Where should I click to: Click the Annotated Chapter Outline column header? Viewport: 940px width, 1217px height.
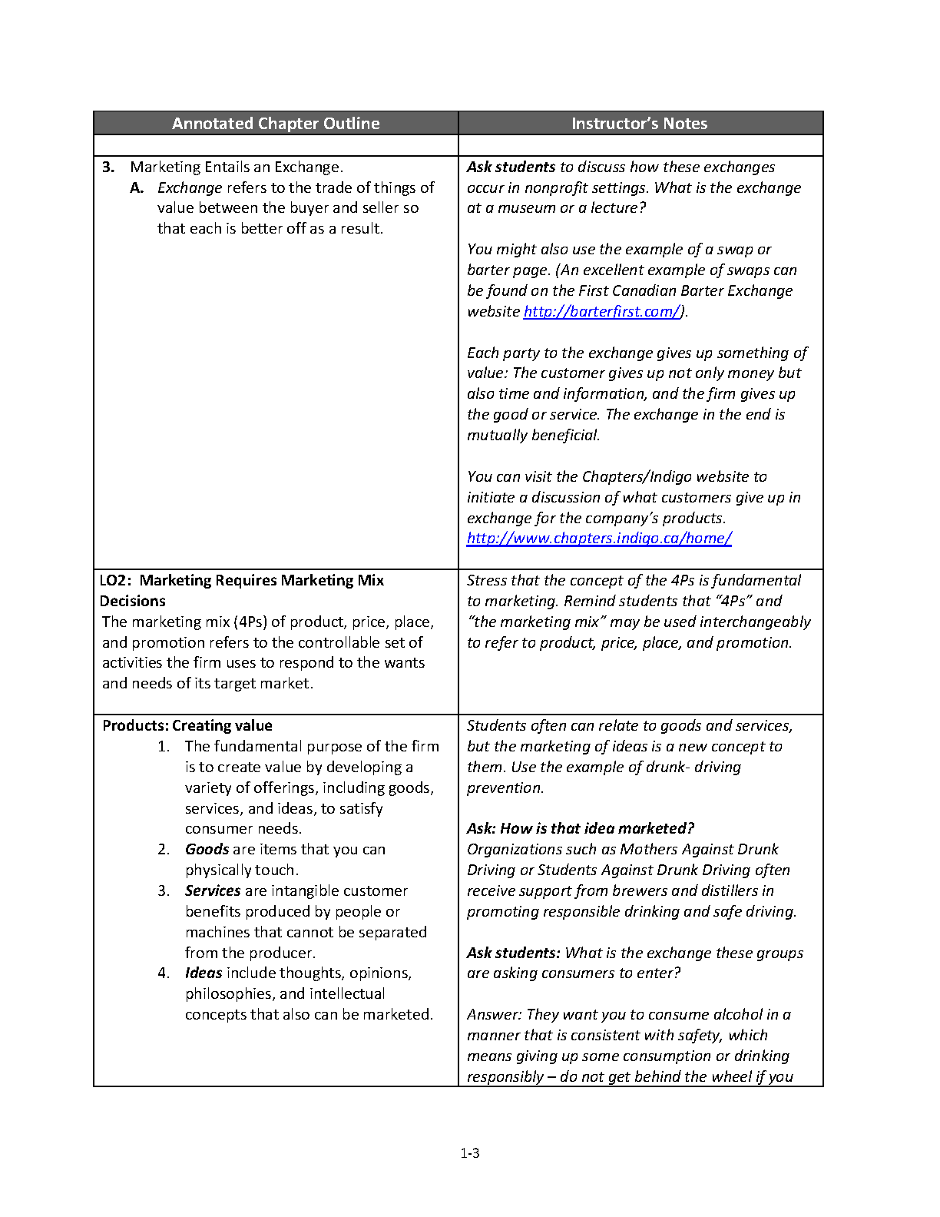[x=276, y=124]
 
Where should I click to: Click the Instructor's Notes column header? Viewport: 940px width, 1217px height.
[x=639, y=124]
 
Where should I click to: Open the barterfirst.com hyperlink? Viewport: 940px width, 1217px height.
[x=601, y=311]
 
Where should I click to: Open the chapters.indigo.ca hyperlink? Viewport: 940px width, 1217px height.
[x=599, y=538]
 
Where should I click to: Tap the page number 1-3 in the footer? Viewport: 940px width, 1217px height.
[x=470, y=1152]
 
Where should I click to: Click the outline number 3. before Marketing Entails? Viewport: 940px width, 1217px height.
[x=108, y=167]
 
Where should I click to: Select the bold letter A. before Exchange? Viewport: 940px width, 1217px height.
[x=137, y=187]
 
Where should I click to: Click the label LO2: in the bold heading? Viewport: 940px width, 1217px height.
[x=115, y=580]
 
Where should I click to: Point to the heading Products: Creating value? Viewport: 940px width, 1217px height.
[x=187, y=725]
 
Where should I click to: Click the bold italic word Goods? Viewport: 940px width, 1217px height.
[x=207, y=849]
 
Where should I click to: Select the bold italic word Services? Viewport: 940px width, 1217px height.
[x=213, y=890]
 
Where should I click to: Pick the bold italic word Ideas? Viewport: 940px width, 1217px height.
[x=204, y=973]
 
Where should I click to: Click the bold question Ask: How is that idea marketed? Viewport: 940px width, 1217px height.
[x=581, y=828]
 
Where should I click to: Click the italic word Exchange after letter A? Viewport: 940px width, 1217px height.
[x=190, y=187]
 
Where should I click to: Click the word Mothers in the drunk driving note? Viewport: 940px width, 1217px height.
[x=647, y=849]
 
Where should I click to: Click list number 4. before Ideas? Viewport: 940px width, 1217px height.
[x=164, y=973]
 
